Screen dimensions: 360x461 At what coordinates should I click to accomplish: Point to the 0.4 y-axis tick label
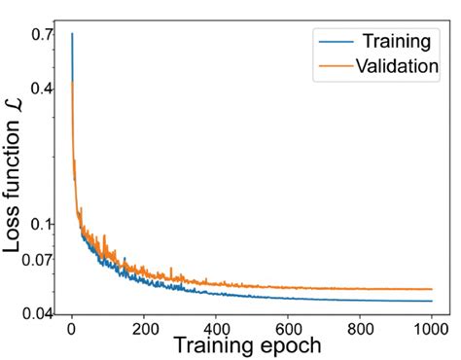(x=42, y=89)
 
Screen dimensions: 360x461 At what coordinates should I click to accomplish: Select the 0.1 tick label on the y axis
(x=42, y=224)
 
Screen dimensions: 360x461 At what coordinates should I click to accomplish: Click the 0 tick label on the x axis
(x=71, y=329)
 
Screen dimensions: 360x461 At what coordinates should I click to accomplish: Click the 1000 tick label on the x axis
(x=432, y=329)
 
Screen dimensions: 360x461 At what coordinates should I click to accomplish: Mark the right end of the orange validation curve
(x=432, y=289)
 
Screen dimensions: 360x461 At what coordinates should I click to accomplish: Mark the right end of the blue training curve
(x=432, y=301)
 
